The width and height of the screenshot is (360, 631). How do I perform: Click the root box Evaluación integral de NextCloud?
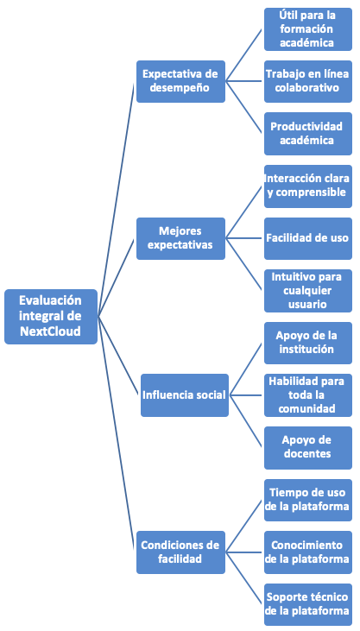coord(51,317)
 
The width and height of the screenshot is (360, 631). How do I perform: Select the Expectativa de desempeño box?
coord(180,81)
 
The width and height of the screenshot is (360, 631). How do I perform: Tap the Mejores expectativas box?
coord(180,238)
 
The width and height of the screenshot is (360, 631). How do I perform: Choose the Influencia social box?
coord(185,395)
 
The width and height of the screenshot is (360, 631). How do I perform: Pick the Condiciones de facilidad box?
coord(180,552)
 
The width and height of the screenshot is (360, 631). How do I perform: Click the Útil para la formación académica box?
coord(308,29)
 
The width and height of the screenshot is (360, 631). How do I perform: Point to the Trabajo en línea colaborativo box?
coord(308,81)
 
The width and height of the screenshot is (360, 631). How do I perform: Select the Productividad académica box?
coord(308,134)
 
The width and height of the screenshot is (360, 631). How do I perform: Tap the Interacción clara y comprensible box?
coord(308,186)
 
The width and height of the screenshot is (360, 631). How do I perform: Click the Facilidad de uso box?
coord(308,238)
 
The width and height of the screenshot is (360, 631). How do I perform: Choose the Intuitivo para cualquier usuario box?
coord(308,291)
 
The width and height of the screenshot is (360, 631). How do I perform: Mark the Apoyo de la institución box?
coord(308,343)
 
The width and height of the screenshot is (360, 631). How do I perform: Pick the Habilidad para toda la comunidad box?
coord(308,395)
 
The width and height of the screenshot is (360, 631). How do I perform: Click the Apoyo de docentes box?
coord(308,447)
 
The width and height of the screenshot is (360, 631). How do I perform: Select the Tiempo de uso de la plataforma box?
coord(308,500)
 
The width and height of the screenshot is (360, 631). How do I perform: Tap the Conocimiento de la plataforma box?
coord(308,552)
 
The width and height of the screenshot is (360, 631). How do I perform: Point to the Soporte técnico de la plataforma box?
coord(308,604)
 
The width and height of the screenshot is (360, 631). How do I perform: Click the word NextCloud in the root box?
coord(50,331)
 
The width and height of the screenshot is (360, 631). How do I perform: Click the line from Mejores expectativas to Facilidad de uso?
coord(245,238)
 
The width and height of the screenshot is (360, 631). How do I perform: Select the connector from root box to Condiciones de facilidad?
coord(116,434)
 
